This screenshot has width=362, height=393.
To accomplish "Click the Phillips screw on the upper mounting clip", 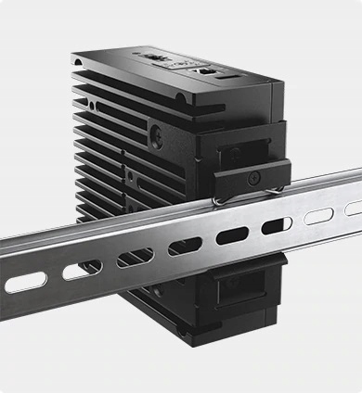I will tap(252, 172).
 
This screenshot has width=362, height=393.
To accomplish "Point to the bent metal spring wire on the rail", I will tap(220, 196).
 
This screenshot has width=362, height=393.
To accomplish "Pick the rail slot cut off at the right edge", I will tap(354, 208).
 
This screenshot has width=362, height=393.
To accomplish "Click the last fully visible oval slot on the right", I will tap(317, 216).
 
